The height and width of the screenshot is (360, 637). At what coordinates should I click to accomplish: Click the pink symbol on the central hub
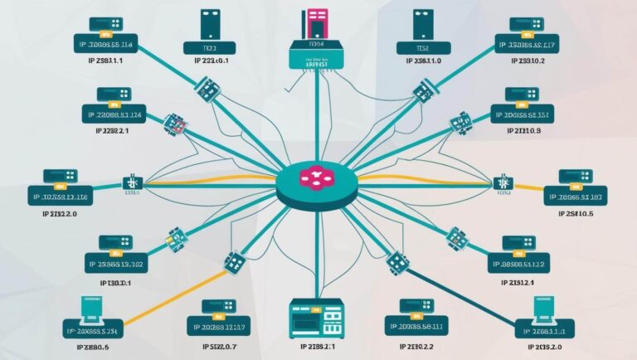(x=316, y=178)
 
